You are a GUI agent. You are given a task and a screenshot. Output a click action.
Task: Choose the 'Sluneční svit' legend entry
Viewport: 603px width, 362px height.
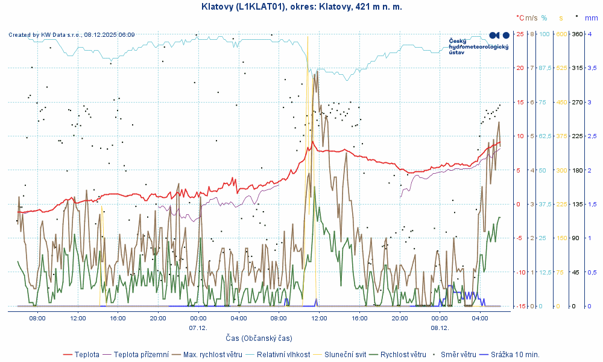[x=345, y=355]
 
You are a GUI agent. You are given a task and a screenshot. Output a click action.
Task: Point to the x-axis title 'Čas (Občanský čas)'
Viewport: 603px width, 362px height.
[x=259, y=338]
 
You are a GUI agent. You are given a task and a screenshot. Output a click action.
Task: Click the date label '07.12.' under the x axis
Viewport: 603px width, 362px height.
[x=198, y=328]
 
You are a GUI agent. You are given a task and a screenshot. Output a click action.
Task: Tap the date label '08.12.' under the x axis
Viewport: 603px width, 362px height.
[x=440, y=328]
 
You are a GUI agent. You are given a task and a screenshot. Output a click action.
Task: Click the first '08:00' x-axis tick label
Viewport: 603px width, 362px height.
[x=37, y=317]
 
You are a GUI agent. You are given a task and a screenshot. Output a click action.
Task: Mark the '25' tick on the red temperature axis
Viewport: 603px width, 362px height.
[x=520, y=34]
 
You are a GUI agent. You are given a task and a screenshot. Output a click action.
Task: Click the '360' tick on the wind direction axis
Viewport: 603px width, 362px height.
[x=576, y=34]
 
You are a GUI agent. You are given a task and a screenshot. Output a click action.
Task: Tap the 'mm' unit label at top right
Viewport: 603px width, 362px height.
[x=592, y=18]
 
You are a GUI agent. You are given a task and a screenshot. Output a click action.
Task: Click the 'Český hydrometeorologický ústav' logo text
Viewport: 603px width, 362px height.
[x=479, y=46]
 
